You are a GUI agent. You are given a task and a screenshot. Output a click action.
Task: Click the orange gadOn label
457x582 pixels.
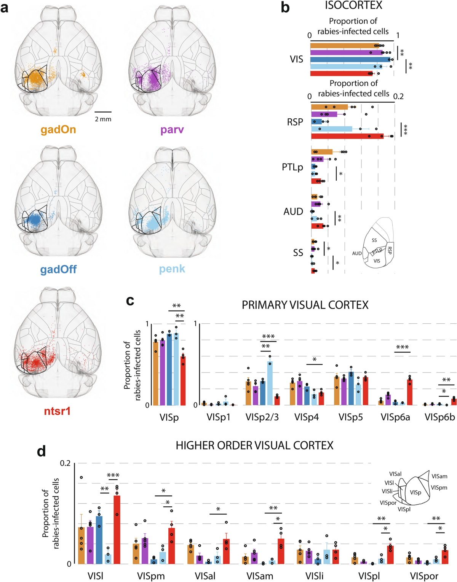click(58, 130)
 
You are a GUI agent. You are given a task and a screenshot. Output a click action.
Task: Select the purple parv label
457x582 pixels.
click(172, 130)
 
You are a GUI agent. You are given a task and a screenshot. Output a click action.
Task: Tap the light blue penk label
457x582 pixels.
click(172, 269)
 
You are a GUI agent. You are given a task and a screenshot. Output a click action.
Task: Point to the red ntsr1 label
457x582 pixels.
click(57, 411)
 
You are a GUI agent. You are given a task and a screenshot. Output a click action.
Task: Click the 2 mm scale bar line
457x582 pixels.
click(103, 112)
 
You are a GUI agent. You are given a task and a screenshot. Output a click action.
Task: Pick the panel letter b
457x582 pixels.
click(285, 8)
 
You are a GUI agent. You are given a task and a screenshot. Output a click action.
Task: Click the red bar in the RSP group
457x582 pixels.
click(347, 136)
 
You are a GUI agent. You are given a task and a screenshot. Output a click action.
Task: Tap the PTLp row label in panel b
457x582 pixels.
click(292, 167)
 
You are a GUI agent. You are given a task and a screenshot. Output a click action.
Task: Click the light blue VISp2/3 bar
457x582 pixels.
click(270, 383)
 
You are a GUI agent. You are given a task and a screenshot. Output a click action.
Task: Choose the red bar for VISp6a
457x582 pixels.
click(410, 392)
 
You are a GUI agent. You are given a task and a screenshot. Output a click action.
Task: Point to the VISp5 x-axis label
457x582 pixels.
click(350, 417)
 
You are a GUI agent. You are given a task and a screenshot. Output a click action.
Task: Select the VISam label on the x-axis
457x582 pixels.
click(260, 576)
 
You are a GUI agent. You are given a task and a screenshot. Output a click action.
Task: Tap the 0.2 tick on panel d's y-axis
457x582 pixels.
click(65, 463)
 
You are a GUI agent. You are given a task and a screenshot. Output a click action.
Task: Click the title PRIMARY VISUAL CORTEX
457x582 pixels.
click(305, 305)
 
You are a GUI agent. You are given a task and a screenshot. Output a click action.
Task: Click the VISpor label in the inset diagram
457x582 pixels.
click(388, 503)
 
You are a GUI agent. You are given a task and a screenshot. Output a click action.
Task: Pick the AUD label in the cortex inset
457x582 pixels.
click(357, 253)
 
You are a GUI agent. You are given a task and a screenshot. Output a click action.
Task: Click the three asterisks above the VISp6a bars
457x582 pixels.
click(402, 347)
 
